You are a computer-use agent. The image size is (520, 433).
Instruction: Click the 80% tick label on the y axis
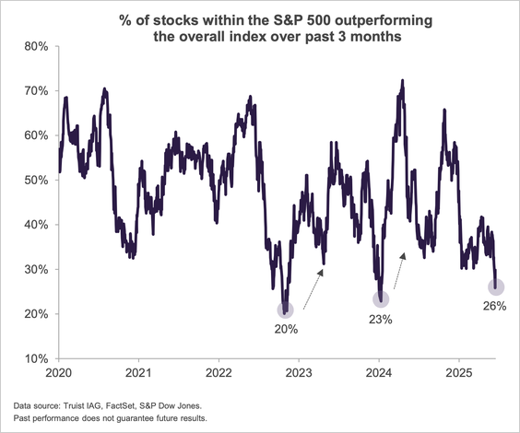(36, 46)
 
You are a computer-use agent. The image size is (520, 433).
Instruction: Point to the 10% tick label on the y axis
(36, 358)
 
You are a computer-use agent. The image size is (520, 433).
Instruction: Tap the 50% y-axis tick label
(36, 180)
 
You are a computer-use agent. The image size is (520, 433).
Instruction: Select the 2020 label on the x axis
(59, 375)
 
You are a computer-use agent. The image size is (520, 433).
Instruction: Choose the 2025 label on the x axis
(460, 375)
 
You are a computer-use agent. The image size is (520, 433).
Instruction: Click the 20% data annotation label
(286, 328)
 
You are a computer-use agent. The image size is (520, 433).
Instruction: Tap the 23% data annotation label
(381, 320)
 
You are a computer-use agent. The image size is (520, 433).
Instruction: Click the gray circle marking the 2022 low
(286, 310)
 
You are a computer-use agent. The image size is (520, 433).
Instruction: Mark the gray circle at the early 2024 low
(381, 298)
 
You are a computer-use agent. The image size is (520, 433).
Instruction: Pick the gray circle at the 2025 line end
(495, 287)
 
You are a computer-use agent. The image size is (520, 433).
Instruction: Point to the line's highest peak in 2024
(402, 81)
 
